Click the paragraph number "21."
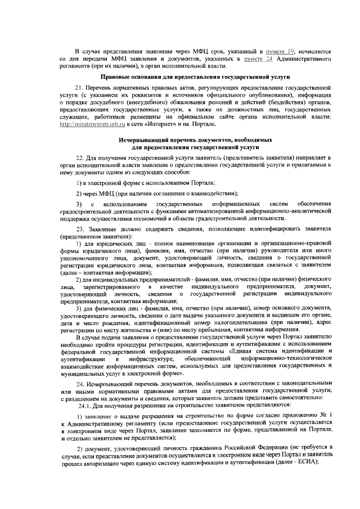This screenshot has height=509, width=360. [x=80, y=88]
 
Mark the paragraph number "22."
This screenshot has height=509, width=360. [x=80, y=159]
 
